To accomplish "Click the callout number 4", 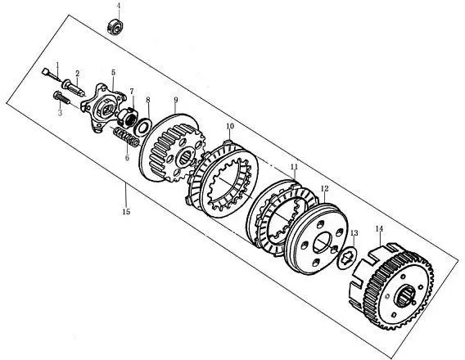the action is (119, 6).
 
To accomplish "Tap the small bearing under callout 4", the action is (115, 26).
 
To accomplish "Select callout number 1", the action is (58, 65).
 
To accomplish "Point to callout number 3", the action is (61, 113).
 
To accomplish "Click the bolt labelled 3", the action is (61, 98).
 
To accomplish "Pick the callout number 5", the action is (113, 73).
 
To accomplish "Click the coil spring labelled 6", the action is (126, 137).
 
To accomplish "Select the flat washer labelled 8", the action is (143, 127).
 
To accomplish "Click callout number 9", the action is (176, 100).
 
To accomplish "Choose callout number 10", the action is (230, 126).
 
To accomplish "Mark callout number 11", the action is (294, 167).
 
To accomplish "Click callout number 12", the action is (325, 188).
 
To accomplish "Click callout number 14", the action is (379, 228).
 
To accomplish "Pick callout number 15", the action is (126, 212).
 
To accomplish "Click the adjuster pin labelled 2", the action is (74, 86).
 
